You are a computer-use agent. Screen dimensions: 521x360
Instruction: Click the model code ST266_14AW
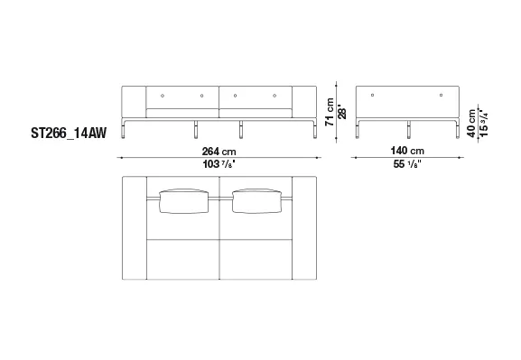[x=69, y=133]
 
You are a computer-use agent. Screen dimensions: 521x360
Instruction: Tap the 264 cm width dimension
[x=219, y=152]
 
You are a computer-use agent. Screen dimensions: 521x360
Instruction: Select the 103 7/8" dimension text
[x=219, y=163]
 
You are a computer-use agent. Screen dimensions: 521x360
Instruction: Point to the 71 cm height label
[x=330, y=112]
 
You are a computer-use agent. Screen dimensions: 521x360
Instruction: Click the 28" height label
[x=342, y=113]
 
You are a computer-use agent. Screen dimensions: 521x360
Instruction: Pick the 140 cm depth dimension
[x=407, y=151]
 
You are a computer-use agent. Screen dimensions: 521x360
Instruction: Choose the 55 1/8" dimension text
[x=407, y=163]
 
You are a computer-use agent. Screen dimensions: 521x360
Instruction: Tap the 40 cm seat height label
[x=471, y=124]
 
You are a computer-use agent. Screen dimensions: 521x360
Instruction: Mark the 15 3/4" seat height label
[x=483, y=124]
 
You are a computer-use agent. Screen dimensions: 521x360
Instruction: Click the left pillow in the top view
[x=183, y=201]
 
